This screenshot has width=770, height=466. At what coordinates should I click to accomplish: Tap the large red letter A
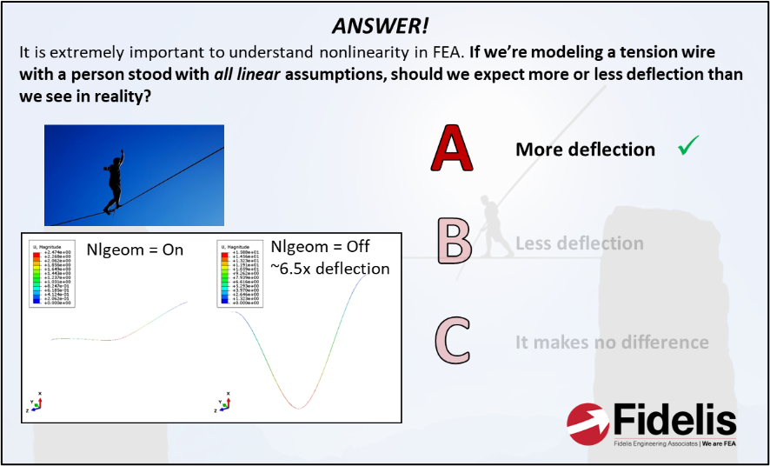click(452, 149)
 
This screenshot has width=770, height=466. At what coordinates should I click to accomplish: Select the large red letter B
click(453, 243)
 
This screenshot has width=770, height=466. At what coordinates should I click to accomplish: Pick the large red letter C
click(453, 341)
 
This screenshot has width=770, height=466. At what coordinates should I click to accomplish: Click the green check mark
click(688, 147)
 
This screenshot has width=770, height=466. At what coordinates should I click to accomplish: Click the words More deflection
click(585, 150)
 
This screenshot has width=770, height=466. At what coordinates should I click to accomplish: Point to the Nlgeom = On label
click(135, 250)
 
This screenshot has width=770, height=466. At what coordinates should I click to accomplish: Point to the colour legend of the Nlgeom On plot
click(50, 273)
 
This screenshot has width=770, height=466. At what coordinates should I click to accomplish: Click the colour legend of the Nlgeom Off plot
click(238, 273)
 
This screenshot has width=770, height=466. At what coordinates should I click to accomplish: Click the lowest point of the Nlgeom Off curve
click(299, 407)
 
